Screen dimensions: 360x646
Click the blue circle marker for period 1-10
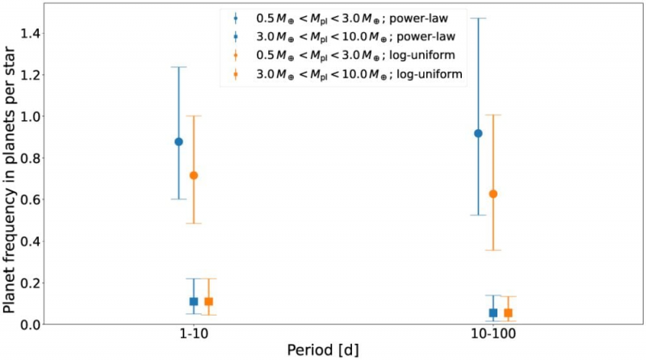(x=178, y=141)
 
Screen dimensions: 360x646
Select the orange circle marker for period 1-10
(x=193, y=175)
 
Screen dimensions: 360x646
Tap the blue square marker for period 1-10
(x=194, y=301)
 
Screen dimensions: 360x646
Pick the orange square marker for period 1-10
(x=208, y=301)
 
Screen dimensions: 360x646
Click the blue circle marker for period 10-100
(x=478, y=133)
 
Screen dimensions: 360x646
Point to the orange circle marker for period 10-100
(x=493, y=194)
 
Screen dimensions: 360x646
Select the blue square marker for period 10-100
(x=493, y=312)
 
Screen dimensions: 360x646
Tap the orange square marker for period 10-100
(x=508, y=312)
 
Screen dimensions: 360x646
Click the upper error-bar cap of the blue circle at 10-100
(x=478, y=19)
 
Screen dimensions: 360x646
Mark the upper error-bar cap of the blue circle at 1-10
(x=178, y=67)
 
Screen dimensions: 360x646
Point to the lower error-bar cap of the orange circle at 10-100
(x=493, y=250)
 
